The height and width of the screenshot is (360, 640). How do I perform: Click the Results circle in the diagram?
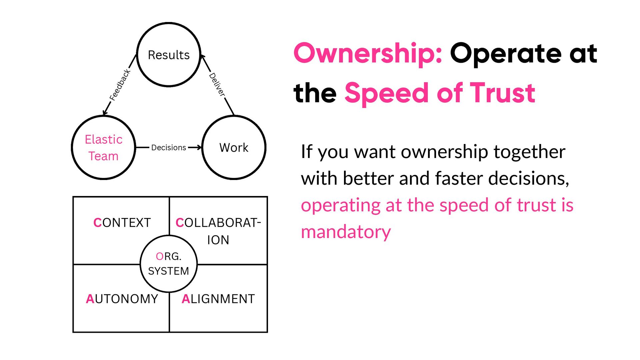[x=169, y=55]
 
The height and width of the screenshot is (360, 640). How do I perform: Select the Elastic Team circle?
[x=104, y=147]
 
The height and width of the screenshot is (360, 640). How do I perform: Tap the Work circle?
[x=234, y=147]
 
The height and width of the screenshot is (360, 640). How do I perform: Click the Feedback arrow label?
[x=120, y=85]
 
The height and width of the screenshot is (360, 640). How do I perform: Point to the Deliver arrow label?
[x=217, y=85]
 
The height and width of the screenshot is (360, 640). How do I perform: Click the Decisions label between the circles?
[x=169, y=147]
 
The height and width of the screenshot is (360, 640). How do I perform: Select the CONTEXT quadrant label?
[x=122, y=223]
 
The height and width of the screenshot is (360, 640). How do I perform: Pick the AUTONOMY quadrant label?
[x=122, y=299]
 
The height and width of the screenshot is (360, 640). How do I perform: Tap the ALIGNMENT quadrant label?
[x=218, y=299]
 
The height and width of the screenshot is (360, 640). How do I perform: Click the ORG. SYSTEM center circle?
[x=169, y=264]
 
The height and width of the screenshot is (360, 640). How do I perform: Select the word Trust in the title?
[x=502, y=93]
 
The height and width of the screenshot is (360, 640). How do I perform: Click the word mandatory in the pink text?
[x=346, y=232]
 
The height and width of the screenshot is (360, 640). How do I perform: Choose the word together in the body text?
[x=529, y=152]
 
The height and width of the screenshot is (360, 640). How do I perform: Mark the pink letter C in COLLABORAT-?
[x=180, y=223]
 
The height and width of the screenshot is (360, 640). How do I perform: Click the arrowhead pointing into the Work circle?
[x=199, y=147]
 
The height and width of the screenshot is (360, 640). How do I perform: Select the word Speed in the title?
[x=387, y=93]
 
